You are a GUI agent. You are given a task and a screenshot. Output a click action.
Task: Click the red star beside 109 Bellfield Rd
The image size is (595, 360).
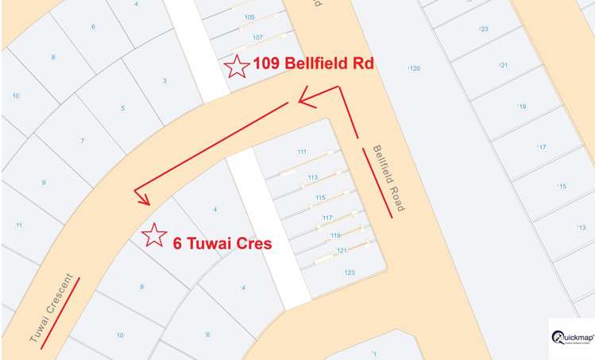click(x=236, y=67)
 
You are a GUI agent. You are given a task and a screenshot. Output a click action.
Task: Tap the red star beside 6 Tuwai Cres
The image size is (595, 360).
click(x=153, y=234)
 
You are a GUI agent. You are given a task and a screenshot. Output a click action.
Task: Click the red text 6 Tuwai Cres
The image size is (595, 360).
click(x=222, y=243)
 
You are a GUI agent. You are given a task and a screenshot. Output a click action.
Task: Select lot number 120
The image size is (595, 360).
click(x=414, y=69)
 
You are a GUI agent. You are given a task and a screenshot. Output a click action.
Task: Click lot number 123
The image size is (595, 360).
click(x=349, y=272)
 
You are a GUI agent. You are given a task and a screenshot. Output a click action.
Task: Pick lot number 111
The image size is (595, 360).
click(x=302, y=152)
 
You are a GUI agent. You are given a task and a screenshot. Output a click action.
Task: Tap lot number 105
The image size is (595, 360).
click(x=250, y=17)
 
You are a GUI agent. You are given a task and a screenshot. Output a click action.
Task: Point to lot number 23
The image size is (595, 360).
click(x=483, y=29)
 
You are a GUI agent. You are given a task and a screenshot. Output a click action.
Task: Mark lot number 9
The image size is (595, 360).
click(x=44, y=183)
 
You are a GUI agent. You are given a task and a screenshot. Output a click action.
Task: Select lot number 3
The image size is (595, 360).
click(x=164, y=80)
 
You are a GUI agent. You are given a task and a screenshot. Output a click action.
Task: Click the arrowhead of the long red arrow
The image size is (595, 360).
click(x=141, y=197)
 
